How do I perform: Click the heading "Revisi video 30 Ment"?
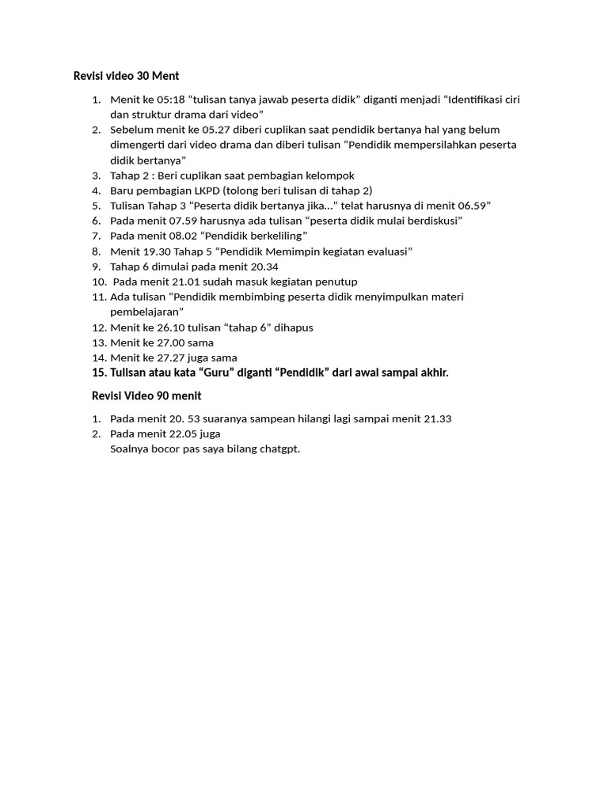tap(126, 76)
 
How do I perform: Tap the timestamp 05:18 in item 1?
tap(172, 100)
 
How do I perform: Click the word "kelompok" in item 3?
tap(331, 176)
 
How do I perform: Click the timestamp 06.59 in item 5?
tap(473, 206)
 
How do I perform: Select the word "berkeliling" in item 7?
tap(275, 236)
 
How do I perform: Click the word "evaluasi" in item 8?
tap(385, 252)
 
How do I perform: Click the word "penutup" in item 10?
tap(338, 282)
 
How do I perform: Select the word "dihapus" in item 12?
tap(294, 327)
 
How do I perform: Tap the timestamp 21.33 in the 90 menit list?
tap(435, 418)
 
